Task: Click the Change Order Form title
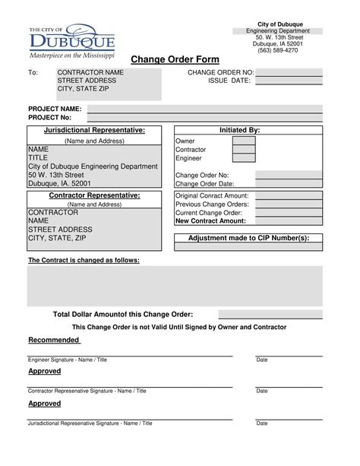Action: (x=175, y=60)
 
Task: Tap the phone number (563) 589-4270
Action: (x=278, y=51)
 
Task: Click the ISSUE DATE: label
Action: (x=229, y=81)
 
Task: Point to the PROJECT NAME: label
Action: (x=55, y=109)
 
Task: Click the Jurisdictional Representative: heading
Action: (x=94, y=131)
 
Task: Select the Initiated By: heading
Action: (x=239, y=131)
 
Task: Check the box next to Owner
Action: (x=243, y=141)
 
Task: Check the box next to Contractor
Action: (x=243, y=150)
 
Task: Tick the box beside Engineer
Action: (x=243, y=158)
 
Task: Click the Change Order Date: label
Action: (x=204, y=183)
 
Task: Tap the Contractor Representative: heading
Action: (x=94, y=195)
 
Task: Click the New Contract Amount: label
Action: (x=210, y=221)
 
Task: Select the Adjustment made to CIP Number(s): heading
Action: (x=248, y=238)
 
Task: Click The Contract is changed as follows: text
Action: (x=84, y=260)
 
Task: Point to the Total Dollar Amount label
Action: (x=122, y=314)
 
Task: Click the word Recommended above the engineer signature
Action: (x=54, y=339)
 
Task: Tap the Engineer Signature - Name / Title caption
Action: (x=68, y=359)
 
